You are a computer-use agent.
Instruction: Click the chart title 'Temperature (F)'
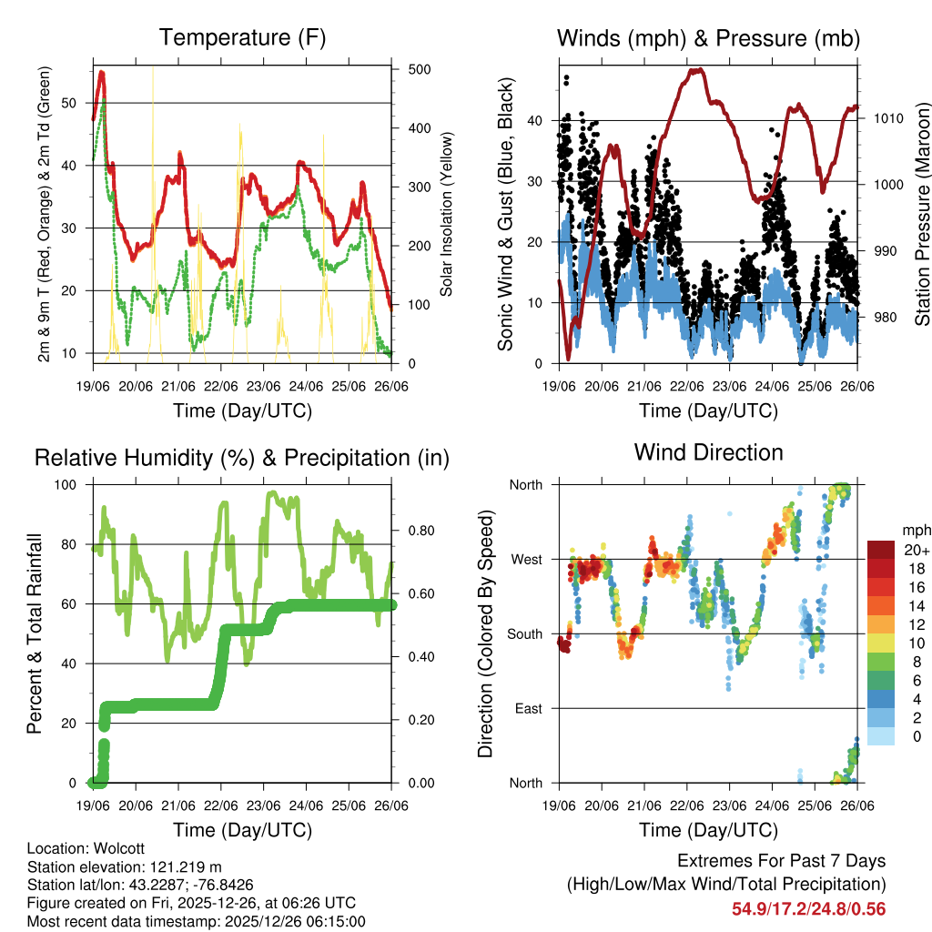pyautogui.click(x=242, y=38)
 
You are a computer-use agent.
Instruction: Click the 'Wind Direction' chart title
pyautogui.click(x=708, y=452)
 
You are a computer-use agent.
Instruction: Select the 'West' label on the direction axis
pyautogui.click(x=526, y=559)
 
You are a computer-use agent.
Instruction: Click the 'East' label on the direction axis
pyautogui.click(x=527, y=708)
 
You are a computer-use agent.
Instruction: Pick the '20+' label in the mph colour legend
pyautogui.click(x=913, y=551)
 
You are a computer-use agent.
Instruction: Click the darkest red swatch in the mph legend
pyautogui.click(x=881, y=549)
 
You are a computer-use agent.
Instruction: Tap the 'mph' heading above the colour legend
pyautogui.click(x=914, y=530)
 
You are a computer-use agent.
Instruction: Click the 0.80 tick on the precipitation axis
pyautogui.click(x=411, y=530)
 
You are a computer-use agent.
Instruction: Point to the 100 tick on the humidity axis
pyautogui.click(x=75, y=484)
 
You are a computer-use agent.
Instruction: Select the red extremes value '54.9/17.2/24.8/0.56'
pyautogui.click(x=808, y=908)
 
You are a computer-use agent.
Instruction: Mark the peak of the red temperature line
pyautogui.click(x=101, y=72)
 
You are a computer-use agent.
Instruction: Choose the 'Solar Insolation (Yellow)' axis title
pyautogui.click(x=446, y=215)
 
